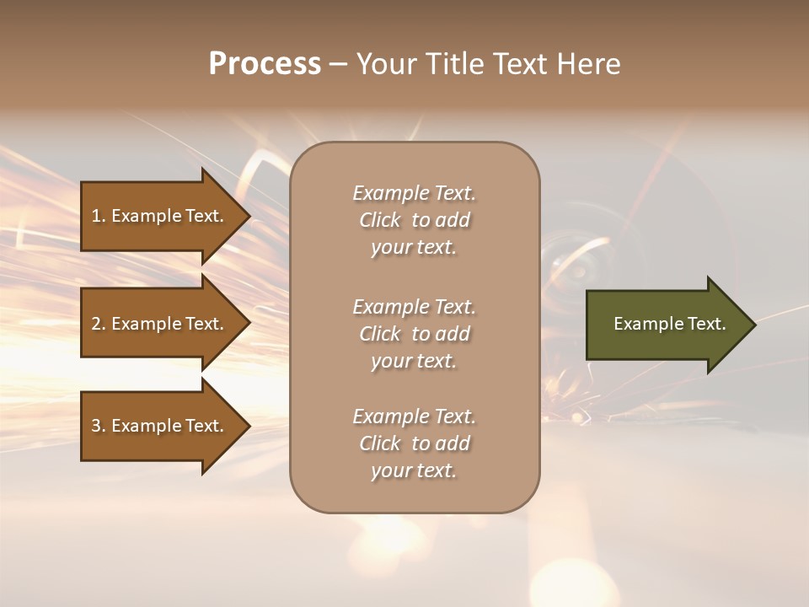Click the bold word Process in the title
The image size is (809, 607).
tap(265, 64)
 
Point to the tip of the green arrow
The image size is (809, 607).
tap(754, 324)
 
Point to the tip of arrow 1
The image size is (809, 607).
tap(249, 216)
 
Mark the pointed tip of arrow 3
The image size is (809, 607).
tap(249, 426)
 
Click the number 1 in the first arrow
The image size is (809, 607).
tap(96, 216)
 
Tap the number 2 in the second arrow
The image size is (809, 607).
tap(96, 324)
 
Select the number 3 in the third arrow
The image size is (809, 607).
tap(96, 426)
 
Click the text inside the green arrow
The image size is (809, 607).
tap(670, 324)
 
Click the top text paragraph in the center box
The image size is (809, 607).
tap(414, 220)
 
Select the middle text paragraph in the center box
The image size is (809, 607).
tap(414, 334)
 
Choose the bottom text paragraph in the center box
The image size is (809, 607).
tap(414, 443)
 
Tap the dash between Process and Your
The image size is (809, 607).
tap(339, 64)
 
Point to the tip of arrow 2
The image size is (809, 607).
tap(249, 324)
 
